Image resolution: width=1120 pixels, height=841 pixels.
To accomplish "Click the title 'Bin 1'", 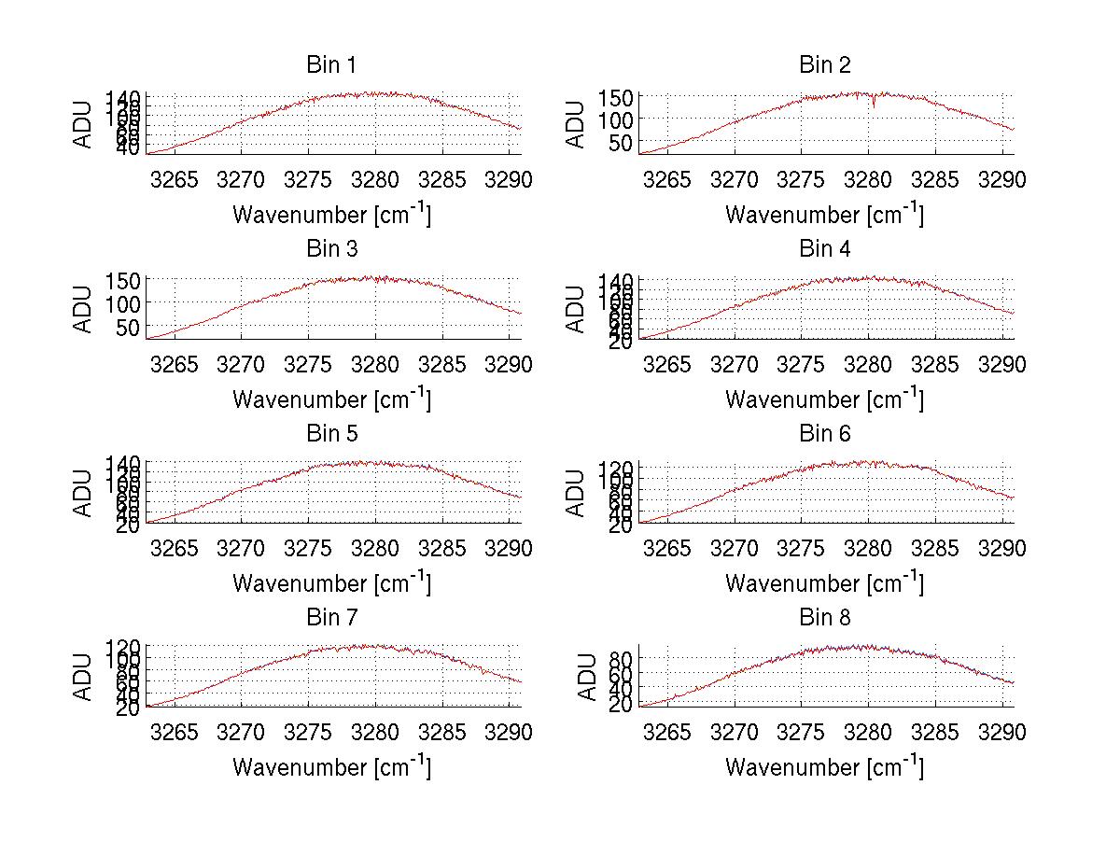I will pyautogui.click(x=330, y=64).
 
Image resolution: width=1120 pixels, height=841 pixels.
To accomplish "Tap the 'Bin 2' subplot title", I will pyautogui.click(x=824, y=64).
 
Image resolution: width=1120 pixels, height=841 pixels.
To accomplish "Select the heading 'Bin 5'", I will pyautogui.click(x=330, y=433).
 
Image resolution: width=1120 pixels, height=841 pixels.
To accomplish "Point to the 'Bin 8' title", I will pyautogui.click(x=824, y=617).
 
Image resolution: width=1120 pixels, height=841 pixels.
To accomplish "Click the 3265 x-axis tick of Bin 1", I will pyautogui.click(x=175, y=179).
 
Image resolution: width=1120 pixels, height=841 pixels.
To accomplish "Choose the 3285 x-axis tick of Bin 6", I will pyautogui.click(x=935, y=548).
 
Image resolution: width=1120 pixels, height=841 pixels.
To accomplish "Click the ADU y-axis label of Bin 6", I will pyautogui.click(x=577, y=494).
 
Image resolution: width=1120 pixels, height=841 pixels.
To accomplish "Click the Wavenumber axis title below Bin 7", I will pyautogui.click(x=330, y=766).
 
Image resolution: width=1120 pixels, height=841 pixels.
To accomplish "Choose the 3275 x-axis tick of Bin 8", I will pyautogui.click(x=802, y=732).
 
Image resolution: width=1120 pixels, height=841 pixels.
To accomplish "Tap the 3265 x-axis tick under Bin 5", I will pyautogui.click(x=175, y=548).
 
